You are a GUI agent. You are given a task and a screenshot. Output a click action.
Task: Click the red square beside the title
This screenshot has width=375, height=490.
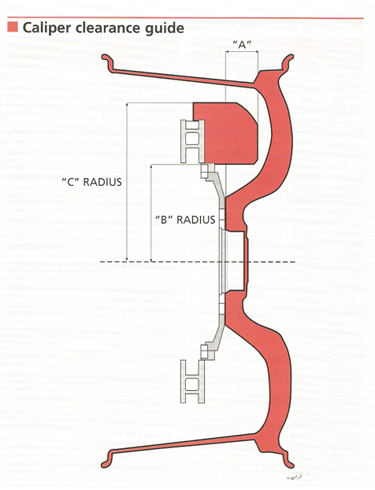[13, 28]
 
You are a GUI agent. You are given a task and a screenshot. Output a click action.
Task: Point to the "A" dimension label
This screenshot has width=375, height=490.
[242, 45]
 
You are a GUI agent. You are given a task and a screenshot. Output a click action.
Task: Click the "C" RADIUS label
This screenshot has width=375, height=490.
[91, 182]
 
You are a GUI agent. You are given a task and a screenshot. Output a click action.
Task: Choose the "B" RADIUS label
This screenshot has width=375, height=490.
[185, 219]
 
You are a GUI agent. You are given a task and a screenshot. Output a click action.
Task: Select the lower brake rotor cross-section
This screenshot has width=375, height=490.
[192, 381]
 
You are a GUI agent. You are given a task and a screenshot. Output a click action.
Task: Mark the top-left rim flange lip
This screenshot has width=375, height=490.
[108, 61]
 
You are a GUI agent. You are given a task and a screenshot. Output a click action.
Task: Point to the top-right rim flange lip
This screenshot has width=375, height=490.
[288, 62]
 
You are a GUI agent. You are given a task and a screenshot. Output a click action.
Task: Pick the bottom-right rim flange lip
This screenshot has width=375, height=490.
[288, 459]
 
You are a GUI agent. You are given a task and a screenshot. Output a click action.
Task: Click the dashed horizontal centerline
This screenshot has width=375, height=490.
[198, 262]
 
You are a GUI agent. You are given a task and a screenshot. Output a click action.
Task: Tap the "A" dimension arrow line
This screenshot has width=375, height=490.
[242, 51]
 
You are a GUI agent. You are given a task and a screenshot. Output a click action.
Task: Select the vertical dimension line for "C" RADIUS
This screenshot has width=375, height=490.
[127, 182]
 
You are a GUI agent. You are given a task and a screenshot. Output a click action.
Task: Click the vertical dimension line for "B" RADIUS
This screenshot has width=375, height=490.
[151, 213]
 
